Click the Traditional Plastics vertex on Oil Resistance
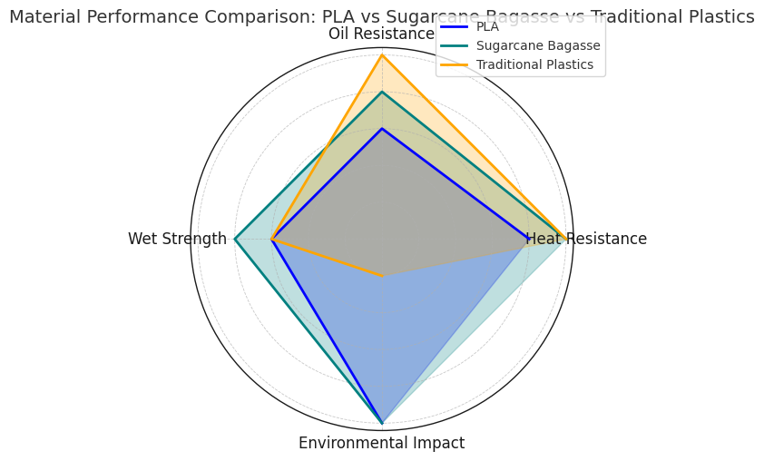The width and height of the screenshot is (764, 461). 382,55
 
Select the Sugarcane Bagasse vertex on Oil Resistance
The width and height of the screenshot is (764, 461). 382,92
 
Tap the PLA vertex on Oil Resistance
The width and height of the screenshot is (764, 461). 382,129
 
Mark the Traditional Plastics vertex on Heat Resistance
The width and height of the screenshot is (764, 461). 566,240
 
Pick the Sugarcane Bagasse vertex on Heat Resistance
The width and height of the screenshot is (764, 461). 560,240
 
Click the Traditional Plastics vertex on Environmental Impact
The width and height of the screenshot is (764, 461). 382,276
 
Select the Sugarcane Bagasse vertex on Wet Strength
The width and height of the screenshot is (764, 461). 235,240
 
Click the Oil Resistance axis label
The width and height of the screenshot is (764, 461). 382,34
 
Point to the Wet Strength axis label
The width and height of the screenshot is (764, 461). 177,240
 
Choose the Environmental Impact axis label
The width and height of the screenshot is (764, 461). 382,444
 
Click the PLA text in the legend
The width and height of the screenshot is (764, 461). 487,26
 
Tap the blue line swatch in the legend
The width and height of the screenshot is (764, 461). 454,26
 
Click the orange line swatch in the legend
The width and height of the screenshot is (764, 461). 454,64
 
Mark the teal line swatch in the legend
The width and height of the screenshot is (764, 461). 454,45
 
